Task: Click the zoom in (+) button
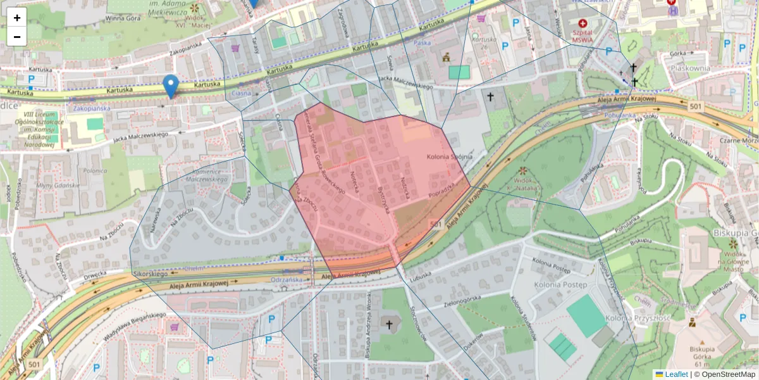(x=17, y=18)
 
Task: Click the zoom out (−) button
(x=17, y=37)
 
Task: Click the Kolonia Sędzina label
(x=450, y=156)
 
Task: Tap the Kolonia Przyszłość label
(x=637, y=318)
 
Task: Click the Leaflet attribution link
(x=675, y=374)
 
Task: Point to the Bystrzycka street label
(x=381, y=199)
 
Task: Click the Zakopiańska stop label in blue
(x=91, y=108)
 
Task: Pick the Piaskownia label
(x=689, y=68)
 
